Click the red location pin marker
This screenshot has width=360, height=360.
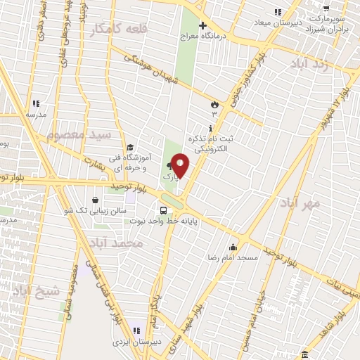tap(180, 165)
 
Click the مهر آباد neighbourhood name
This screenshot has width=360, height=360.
tap(300, 203)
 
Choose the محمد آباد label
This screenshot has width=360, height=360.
tap(116, 243)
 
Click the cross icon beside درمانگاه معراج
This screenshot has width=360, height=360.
tap(202, 25)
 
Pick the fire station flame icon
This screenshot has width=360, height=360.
tap(214, 105)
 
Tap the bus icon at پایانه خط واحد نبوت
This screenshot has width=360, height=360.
tap(164, 210)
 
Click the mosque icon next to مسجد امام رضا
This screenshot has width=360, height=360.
tap(233, 247)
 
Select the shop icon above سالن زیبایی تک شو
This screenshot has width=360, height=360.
tap(96, 199)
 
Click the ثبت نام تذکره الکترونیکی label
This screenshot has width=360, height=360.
tap(211, 144)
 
